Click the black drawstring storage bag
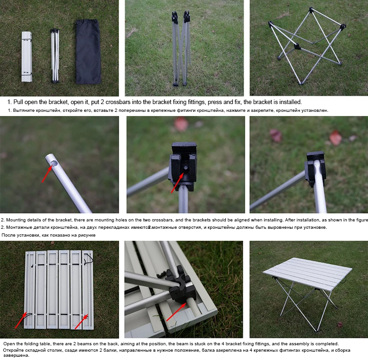(88, 52)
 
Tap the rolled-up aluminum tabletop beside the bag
(27, 57)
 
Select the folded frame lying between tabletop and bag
(55, 56)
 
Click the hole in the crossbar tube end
(54, 163)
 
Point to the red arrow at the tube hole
(47, 174)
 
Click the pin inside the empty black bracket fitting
(185, 168)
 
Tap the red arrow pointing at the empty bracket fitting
(178, 183)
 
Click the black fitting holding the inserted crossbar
(315, 168)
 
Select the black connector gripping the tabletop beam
(179, 285)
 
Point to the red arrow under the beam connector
(176, 312)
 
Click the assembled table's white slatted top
(307, 273)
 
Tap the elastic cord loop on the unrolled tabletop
(89, 259)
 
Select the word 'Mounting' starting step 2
(16, 220)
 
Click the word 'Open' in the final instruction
(9, 344)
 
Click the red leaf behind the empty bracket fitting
(181, 124)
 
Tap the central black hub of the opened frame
(297, 46)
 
